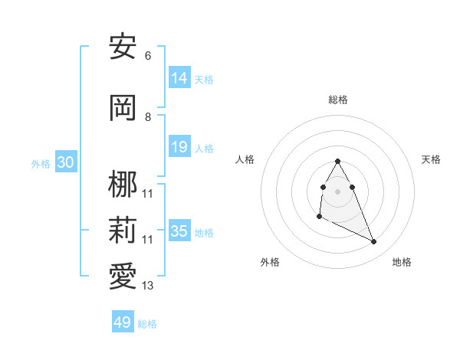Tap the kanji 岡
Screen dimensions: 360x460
coord(123,107)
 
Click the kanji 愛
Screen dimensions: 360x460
coord(123,276)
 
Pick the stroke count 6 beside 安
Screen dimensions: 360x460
coord(147,56)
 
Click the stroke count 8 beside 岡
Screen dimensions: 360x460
coord(147,117)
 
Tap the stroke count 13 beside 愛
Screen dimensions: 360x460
coord(147,286)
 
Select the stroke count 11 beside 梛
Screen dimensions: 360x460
coord(147,193)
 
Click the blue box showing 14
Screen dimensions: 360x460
coord(179,77)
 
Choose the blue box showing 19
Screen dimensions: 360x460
coord(179,147)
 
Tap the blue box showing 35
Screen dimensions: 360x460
coord(179,231)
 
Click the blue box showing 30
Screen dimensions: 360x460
coord(65,162)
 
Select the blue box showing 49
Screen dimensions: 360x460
coord(123,322)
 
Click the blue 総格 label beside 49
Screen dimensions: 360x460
coord(147,324)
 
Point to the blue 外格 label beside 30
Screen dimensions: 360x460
coord(41,164)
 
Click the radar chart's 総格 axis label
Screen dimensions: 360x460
coord(338,100)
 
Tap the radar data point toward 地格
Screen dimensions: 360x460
coord(374,242)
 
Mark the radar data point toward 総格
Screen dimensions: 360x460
coord(338,161)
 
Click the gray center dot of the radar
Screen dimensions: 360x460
coord(338,191)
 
